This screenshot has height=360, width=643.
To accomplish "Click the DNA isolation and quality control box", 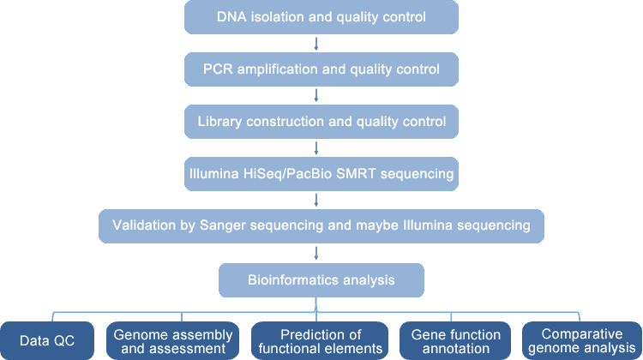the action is coord(321,17).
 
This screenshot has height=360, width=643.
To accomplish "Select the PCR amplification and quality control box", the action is coord(321,69).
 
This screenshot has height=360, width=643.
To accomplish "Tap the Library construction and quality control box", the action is coord(321,122).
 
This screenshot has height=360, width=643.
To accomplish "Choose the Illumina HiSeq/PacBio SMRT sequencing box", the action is coord(321,174).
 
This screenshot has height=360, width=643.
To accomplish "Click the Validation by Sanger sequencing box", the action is coord(321,226).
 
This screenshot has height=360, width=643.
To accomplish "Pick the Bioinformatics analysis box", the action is coord(321,280).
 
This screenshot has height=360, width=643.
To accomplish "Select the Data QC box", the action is coord(47,341).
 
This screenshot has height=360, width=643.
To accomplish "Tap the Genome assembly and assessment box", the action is coord(172,341).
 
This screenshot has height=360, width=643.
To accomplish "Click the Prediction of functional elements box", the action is coord(320,341).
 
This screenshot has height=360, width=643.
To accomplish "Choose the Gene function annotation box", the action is coord(455,341).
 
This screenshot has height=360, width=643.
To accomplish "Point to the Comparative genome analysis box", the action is coord(582,341).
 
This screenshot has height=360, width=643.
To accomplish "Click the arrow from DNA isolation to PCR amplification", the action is coord(316,44).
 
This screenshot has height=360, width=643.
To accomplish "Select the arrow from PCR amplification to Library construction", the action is coord(316,95).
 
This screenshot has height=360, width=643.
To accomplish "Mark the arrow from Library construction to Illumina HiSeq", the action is coord(316,148).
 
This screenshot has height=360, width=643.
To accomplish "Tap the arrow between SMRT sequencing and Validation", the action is coord(316,200).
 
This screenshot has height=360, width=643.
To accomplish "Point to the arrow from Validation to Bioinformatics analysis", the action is coord(316,253).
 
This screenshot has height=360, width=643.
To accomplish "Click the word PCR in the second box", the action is coord(218,69).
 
